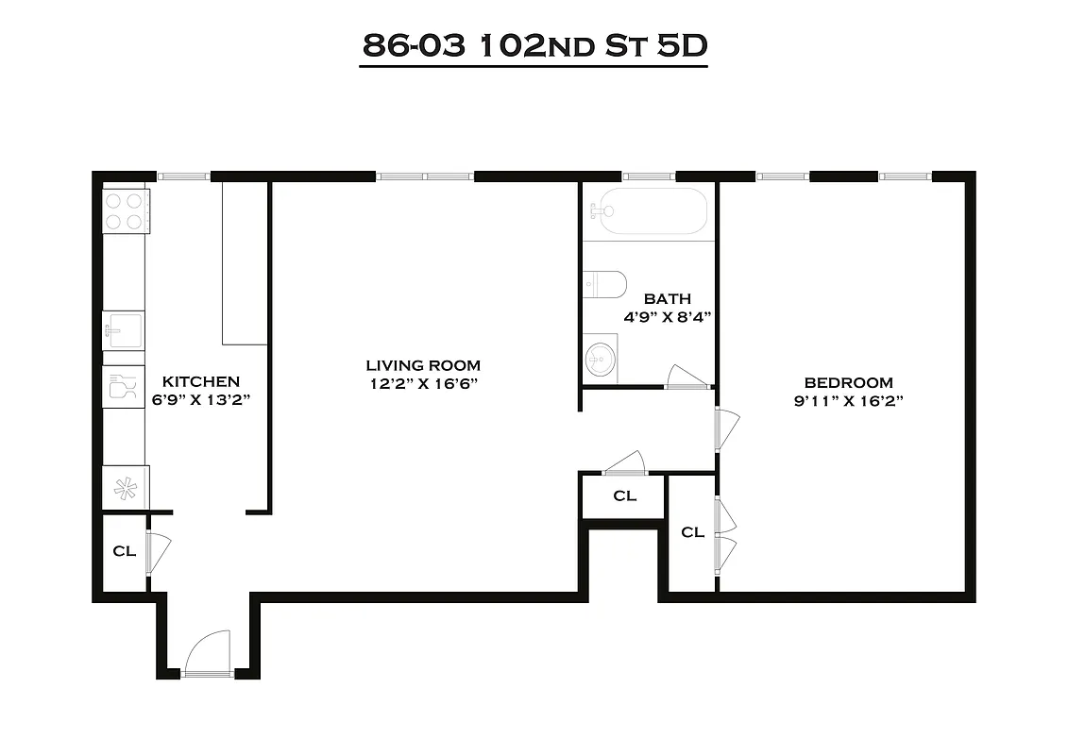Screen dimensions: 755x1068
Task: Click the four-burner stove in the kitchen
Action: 126,210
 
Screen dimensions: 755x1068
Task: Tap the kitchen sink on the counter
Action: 123,330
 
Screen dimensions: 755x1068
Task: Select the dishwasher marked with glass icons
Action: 123,387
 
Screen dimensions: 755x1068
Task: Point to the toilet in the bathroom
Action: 604,283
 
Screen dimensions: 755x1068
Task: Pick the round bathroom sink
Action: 599,358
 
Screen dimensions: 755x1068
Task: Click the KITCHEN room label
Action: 201,381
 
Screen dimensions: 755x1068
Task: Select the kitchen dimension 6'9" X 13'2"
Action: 201,399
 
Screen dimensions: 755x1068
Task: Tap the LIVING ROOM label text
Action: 423,365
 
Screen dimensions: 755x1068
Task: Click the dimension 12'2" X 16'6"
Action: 423,383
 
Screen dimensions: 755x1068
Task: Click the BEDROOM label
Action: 848,382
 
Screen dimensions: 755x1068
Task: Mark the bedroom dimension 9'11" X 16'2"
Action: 848,400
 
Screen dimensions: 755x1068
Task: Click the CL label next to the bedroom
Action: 692,532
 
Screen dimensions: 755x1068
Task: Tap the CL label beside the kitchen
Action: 124,551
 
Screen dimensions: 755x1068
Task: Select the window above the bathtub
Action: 648,176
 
